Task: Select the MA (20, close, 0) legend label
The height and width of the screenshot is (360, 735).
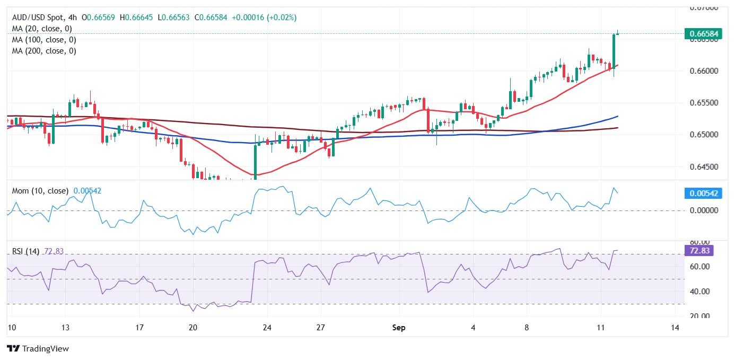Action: (42, 29)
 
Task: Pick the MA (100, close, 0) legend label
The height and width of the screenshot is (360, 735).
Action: (44, 40)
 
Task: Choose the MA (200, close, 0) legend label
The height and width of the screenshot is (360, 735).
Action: (44, 51)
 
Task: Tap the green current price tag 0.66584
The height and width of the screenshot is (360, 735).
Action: (703, 34)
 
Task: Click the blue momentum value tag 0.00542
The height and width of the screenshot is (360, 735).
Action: (703, 194)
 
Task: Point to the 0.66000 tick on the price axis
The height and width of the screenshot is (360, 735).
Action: (703, 71)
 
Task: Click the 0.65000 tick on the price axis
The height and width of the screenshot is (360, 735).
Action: (703, 135)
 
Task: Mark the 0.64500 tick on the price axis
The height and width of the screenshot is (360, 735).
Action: (703, 167)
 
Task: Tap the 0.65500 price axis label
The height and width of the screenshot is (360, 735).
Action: (703, 103)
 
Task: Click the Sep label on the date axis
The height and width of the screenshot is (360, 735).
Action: (399, 328)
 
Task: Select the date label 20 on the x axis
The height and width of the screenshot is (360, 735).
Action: (193, 328)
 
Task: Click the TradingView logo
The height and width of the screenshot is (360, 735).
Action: (38, 348)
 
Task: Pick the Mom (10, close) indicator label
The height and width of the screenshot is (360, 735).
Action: (40, 191)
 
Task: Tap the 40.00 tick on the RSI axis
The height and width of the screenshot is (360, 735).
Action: (698, 292)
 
